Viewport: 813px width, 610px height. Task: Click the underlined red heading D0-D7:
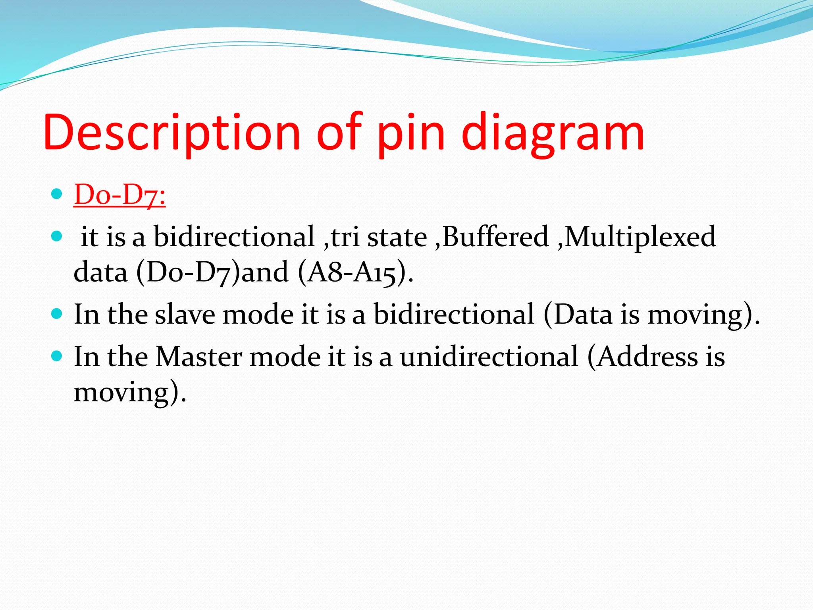point(119,195)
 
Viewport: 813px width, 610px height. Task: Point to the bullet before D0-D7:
point(57,194)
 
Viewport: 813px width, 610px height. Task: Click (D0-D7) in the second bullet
point(188,272)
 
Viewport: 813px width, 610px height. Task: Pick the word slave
point(185,315)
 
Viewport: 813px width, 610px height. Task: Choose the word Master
point(198,357)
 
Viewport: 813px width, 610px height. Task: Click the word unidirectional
point(489,357)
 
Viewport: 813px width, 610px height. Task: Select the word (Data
point(578,315)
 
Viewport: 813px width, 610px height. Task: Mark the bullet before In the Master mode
point(57,356)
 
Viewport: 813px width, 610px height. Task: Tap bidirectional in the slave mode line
point(454,315)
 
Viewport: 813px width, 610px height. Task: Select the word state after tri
point(397,237)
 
